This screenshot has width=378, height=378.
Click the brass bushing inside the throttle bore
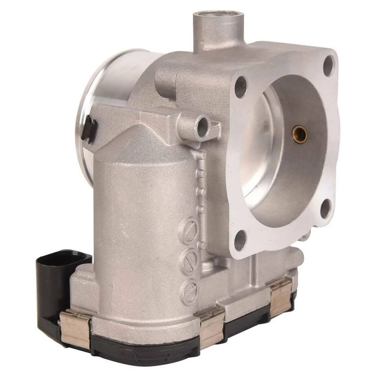coord(300,135)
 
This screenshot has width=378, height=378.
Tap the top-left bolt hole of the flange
coord(241,87)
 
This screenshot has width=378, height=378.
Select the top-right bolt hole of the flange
coord(329,66)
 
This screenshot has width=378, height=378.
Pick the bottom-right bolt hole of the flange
coord(326,208)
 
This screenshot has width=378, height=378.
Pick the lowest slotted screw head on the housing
coord(189,290)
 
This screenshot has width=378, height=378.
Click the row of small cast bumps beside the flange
coord(201,185)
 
